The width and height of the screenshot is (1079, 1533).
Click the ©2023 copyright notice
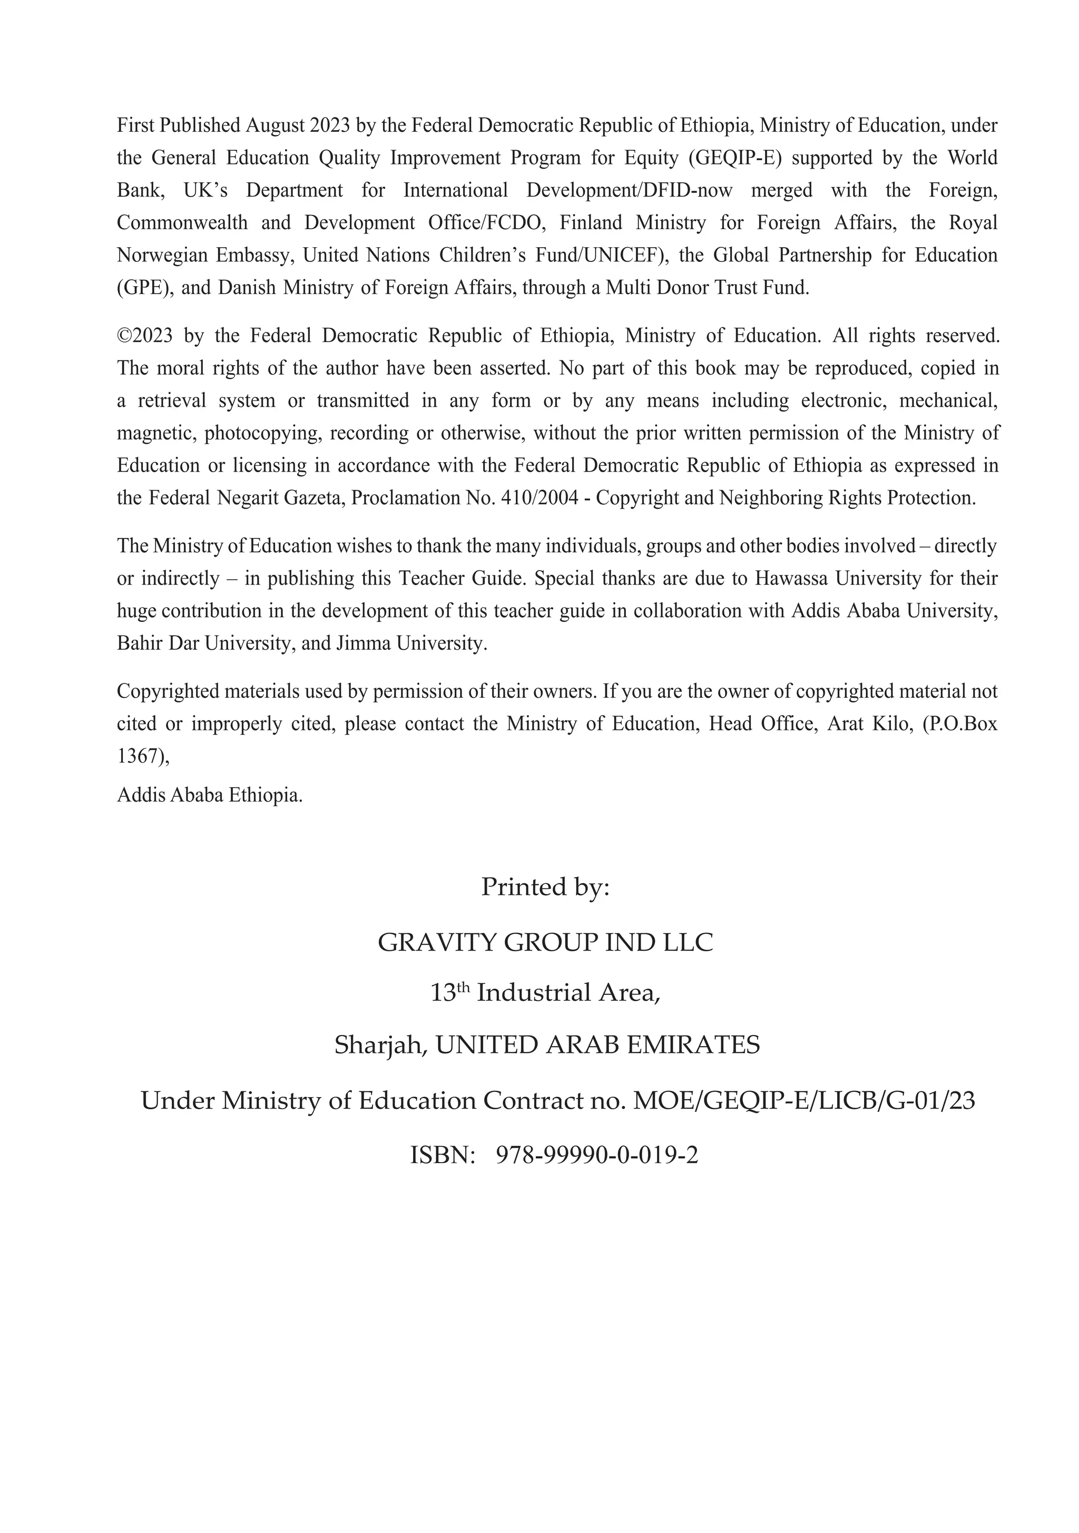tap(144, 336)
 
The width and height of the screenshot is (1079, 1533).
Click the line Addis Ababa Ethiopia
tap(210, 795)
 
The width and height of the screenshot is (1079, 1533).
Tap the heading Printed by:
tap(545, 887)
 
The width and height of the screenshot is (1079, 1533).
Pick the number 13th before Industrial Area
tap(450, 993)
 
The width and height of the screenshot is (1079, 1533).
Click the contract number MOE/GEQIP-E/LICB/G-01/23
tap(803, 1101)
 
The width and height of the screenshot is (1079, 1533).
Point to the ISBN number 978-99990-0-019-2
tap(597, 1155)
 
